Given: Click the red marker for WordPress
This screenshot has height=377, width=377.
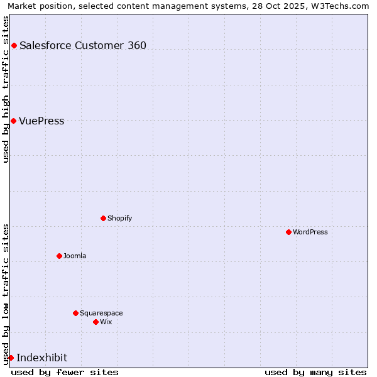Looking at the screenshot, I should point(288,232).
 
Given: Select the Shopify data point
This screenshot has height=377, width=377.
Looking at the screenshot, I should point(103,218).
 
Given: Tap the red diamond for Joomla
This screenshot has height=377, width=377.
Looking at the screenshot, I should point(59,256).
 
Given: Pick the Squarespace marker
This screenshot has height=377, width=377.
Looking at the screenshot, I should point(75,313).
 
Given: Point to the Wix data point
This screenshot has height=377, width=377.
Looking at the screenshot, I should point(96,322).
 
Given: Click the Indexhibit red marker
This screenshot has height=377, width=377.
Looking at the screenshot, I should point(11,358).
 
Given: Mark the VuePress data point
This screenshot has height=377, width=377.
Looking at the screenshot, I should point(13,121).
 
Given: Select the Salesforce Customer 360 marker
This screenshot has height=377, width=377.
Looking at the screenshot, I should point(14,45).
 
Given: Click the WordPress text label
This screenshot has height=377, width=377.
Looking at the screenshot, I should point(310,232).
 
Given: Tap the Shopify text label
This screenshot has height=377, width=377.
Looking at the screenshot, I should point(119,218).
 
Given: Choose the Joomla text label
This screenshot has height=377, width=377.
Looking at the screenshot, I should point(75,256).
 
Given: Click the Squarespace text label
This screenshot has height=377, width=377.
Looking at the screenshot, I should point(101,313).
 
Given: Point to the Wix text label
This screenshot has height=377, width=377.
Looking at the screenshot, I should point(106,322).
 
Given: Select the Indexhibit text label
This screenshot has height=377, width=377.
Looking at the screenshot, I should point(41,358).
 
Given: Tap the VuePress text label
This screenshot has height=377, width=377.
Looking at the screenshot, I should point(41,121).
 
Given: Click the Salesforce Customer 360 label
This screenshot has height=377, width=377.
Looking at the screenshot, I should point(83,45).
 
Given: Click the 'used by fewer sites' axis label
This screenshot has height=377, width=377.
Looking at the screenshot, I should point(65,372).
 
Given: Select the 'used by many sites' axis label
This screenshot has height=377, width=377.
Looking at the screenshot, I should point(315,372).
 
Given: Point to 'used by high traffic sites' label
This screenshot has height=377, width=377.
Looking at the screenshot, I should point(6,89).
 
